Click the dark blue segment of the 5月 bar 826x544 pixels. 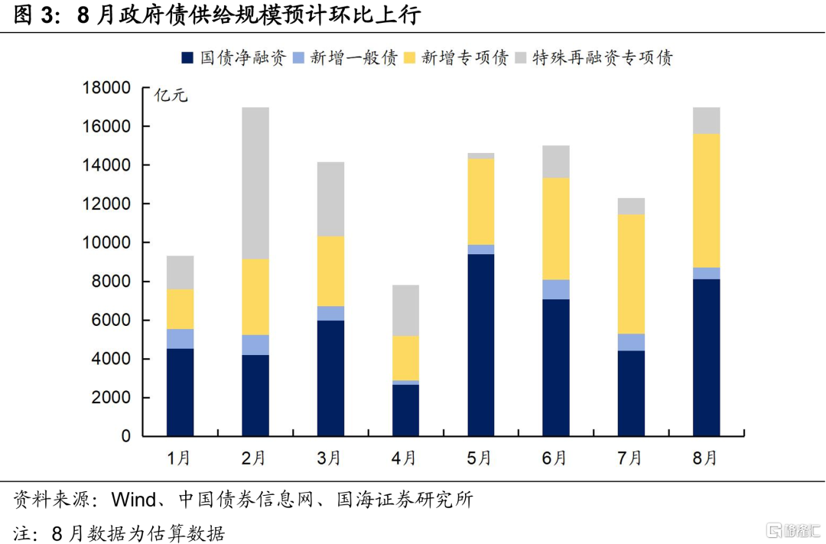481,345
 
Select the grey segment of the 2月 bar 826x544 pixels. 255,183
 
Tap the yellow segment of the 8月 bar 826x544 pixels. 707,200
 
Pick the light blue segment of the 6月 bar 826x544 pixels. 556,289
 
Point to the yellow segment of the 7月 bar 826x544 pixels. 631,274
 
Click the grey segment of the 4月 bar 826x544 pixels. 405,311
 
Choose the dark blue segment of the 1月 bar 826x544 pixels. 180,393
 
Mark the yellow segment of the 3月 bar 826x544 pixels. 331,271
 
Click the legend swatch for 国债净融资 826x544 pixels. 187,57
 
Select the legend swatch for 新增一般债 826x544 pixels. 299,57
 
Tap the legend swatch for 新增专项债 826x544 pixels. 410,57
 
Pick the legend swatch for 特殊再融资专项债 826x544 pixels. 521,57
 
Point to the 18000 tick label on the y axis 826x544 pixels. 106,87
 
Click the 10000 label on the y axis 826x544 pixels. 106,243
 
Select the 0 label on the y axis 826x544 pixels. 126,436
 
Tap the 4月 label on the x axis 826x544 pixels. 404,458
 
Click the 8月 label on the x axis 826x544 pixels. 705,458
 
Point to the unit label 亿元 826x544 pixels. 171,96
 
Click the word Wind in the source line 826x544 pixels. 134,499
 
